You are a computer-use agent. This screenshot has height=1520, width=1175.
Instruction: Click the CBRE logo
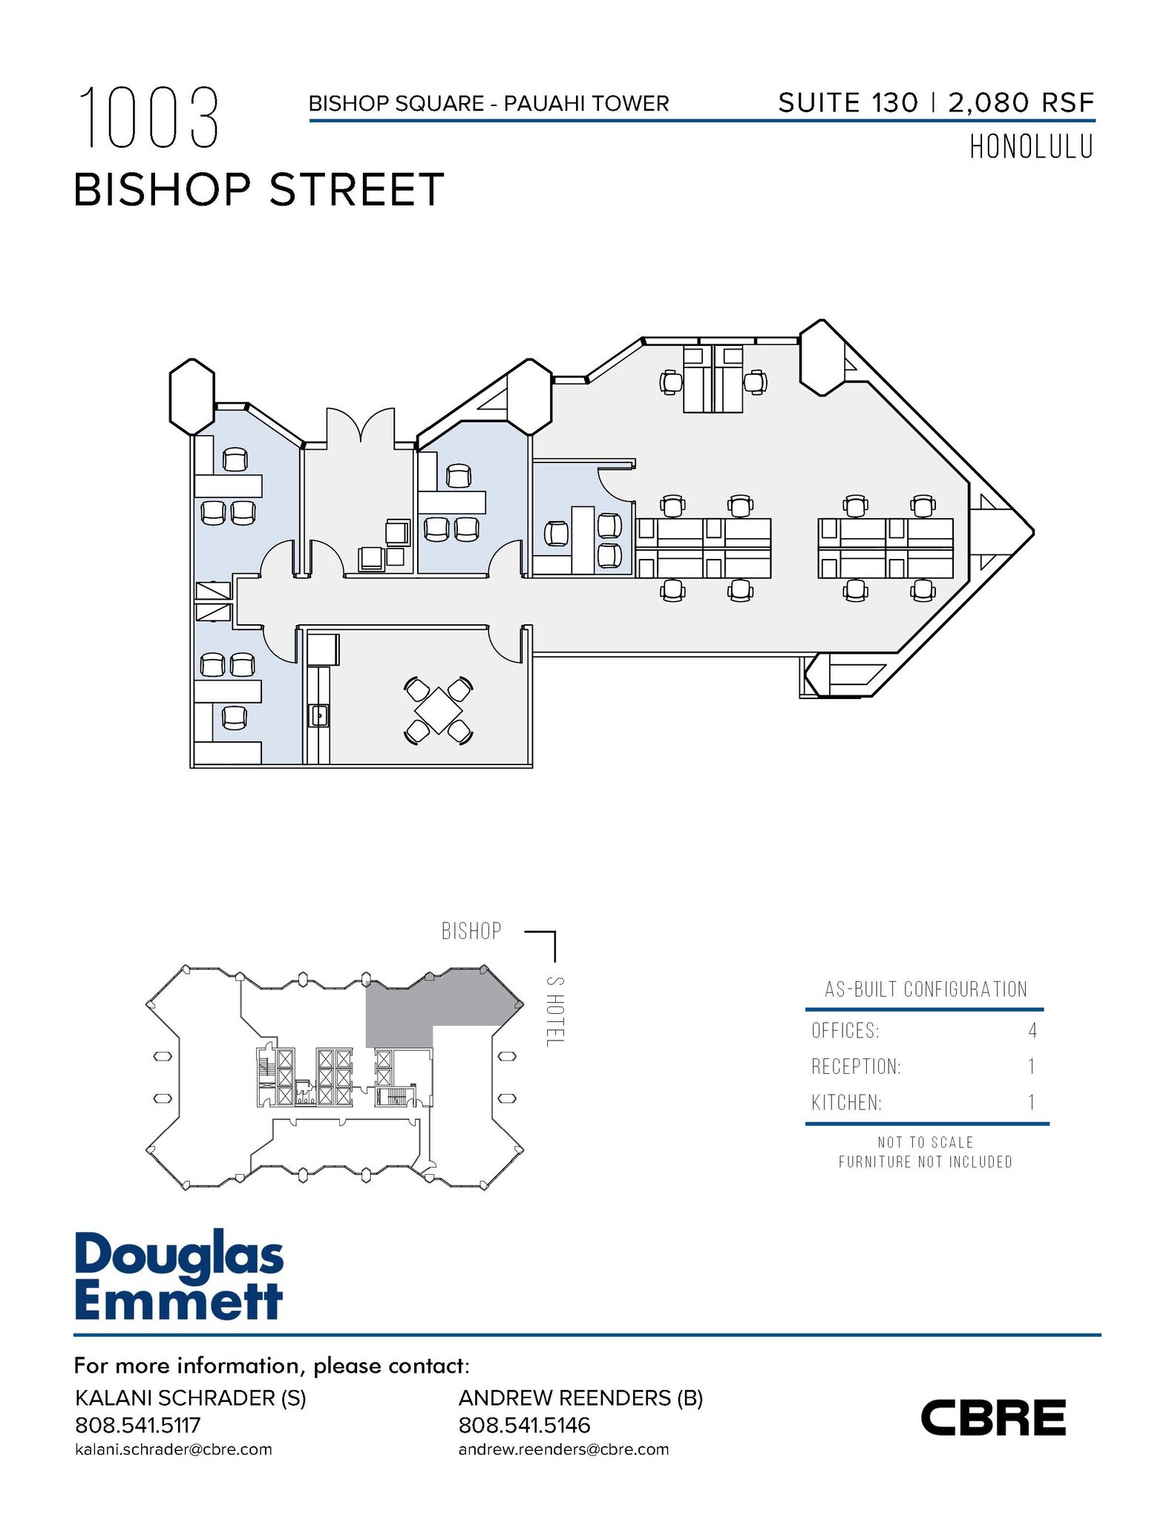pyautogui.click(x=992, y=1418)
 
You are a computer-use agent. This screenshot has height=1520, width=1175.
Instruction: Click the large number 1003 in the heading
pyautogui.click(x=148, y=117)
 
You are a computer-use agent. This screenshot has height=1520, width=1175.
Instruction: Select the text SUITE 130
pyautogui.click(x=848, y=102)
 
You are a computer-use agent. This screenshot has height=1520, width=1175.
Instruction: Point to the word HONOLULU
pyautogui.click(x=1031, y=148)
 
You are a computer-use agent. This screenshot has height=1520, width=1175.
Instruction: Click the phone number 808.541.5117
pyautogui.click(x=138, y=1425)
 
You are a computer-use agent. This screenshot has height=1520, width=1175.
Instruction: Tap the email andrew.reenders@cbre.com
pyautogui.click(x=563, y=1449)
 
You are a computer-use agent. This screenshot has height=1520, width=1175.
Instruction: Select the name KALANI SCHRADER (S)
pyautogui.click(x=191, y=1398)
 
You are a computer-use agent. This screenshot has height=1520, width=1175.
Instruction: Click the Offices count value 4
pyautogui.click(x=1032, y=1030)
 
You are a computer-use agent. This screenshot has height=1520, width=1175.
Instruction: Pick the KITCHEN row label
pyautogui.click(x=847, y=1103)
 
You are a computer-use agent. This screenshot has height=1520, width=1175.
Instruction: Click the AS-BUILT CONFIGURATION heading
pyautogui.click(x=926, y=989)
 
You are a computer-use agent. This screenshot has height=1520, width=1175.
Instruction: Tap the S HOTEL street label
pyautogui.click(x=553, y=1011)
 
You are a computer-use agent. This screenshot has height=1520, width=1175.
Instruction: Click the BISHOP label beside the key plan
pyautogui.click(x=471, y=931)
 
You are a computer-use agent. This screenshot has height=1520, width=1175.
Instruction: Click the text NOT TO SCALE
pyautogui.click(x=926, y=1142)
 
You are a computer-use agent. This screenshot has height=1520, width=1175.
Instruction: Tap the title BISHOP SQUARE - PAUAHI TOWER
pyautogui.click(x=489, y=103)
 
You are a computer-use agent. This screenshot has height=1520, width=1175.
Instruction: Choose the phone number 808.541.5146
pyautogui.click(x=525, y=1425)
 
